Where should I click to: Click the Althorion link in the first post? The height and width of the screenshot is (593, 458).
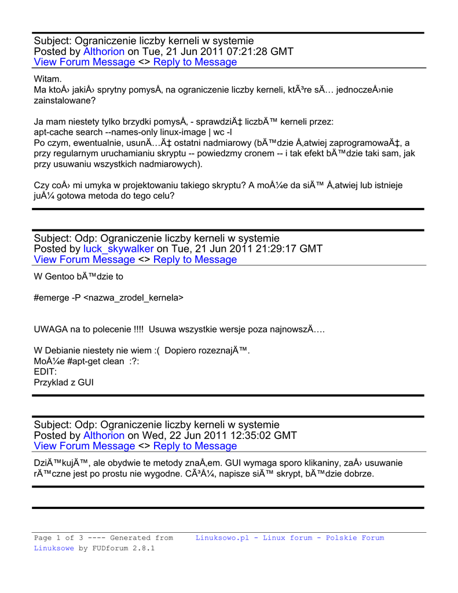104,52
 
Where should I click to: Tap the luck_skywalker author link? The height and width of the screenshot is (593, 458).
119,249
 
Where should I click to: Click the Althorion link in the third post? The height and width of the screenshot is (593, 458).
104,435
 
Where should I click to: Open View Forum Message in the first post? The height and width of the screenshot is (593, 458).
85,63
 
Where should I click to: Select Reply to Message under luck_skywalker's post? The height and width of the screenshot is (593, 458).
195,260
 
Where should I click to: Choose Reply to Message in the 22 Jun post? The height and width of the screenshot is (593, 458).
195,446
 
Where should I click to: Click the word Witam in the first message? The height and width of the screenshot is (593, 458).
47,79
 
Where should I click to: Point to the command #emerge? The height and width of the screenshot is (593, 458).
51,298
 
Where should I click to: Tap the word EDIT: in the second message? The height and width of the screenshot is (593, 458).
46,372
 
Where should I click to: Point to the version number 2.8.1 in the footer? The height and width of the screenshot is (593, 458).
144,548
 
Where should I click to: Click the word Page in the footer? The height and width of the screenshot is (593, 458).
43,538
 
